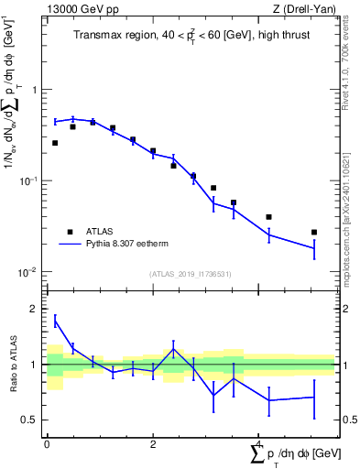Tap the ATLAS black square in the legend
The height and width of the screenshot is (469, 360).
pyautogui.click(x=70, y=232)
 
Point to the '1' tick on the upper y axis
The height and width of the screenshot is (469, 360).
pyautogui.click(x=34, y=90)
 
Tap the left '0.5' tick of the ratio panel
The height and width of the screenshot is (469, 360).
pyautogui.click(x=30, y=420)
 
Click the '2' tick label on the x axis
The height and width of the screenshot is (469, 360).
pyautogui.click(x=153, y=444)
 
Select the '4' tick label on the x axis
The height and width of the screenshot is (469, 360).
pyautogui.click(x=258, y=444)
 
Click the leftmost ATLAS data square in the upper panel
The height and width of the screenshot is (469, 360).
pyautogui.click(x=55, y=143)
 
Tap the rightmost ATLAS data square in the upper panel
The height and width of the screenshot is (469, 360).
pyautogui.click(x=314, y=232)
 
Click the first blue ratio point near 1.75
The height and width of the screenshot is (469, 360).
pyautogui.click(x=55, y=321)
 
